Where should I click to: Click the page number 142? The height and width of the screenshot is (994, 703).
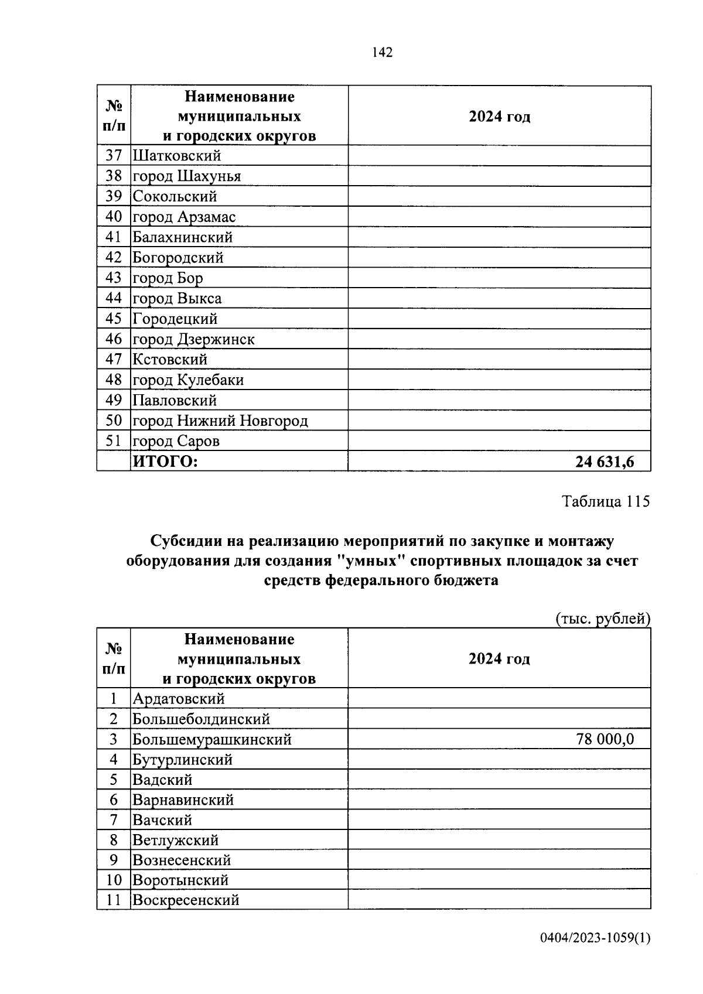click(x=382, y=53)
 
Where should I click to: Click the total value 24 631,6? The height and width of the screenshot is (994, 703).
click(x=604, y=462)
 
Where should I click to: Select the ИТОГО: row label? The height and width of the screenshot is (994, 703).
click(x=166, y=462)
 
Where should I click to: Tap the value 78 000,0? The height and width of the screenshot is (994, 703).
click(x=605, y=739)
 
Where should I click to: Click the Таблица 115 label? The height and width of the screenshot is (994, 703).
click(x=606, y=501)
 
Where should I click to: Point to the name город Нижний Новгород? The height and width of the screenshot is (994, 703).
click(x=220, y=421)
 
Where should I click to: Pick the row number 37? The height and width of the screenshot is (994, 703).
click(x=114, y=156)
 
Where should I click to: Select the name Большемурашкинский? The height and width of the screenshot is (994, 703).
click(x=212, y=739)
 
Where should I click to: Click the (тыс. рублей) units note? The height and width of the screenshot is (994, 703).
click(x=602, y=619)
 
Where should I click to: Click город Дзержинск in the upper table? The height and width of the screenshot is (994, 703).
click(x=194, y=339)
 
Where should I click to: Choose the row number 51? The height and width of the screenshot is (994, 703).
click(x=114, y=440)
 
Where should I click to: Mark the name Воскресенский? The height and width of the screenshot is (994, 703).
click(x=186, y=900)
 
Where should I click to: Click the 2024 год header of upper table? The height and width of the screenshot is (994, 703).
click(x=499, y=117)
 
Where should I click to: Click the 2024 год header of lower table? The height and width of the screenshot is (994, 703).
click(x=499, y=659)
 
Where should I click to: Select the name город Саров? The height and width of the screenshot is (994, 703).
click(x=176, y=441)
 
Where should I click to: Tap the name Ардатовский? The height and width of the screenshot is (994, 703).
click(x=179, y=699)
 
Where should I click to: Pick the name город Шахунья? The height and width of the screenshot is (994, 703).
click(x=187, y=176)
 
